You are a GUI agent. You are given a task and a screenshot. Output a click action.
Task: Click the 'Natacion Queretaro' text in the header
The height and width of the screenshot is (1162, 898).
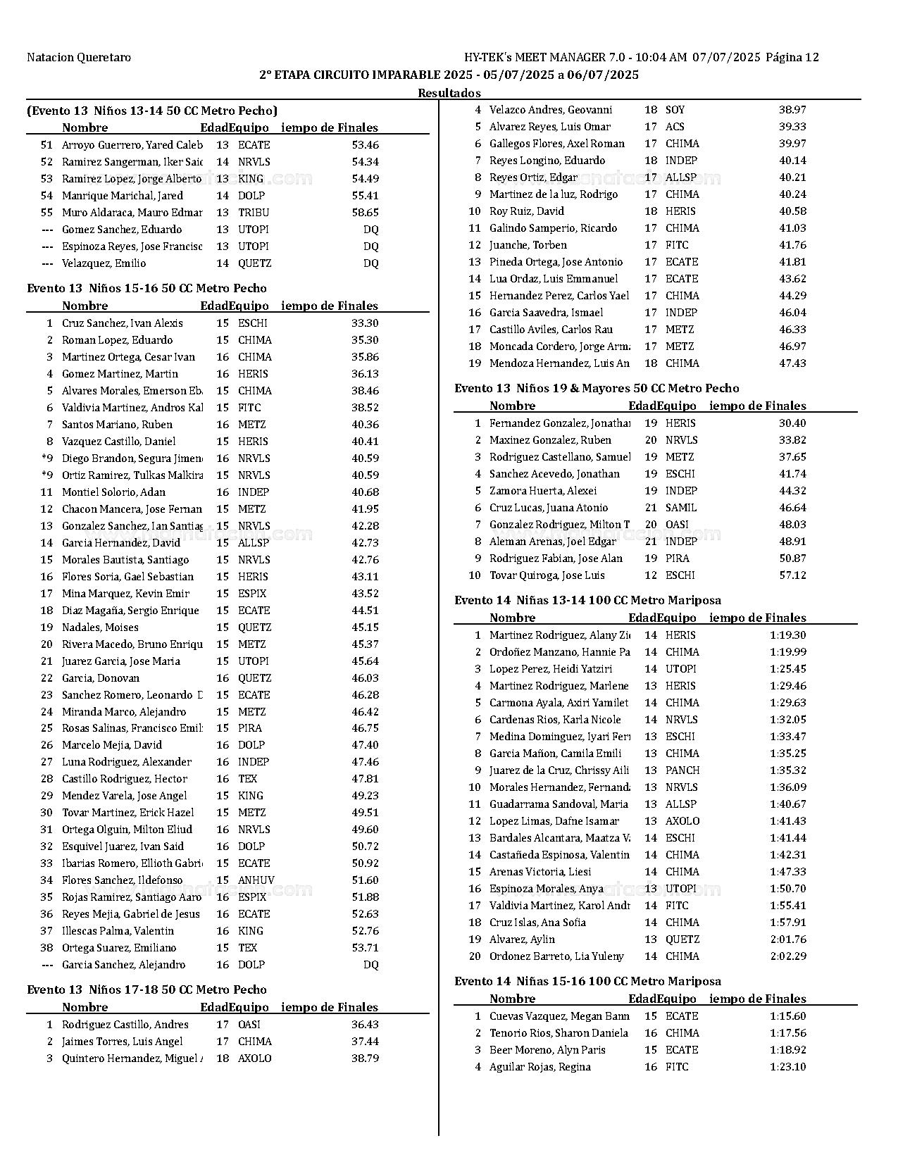point(79,58)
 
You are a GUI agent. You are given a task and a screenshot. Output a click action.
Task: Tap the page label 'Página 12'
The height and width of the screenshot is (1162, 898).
point(792,58)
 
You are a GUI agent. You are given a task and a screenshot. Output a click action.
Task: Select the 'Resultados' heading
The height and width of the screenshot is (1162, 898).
point(449,93)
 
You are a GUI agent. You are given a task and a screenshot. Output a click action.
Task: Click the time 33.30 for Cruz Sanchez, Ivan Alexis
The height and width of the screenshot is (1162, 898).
point(365,323)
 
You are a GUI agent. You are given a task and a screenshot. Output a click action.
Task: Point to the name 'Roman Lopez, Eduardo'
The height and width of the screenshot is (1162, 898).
point(117,340)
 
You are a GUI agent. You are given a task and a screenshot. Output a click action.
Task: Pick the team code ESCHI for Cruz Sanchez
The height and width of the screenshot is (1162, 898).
point(253,323)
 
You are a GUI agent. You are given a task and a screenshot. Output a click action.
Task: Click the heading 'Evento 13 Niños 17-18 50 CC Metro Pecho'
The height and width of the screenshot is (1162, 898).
point(146,989)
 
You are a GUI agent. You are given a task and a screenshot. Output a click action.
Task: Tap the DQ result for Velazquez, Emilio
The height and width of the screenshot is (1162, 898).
point(370,263)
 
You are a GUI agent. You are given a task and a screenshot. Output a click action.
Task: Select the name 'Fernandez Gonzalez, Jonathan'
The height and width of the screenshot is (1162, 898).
point(559,423)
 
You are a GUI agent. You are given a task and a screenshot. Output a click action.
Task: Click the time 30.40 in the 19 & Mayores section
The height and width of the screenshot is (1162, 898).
point(792,423)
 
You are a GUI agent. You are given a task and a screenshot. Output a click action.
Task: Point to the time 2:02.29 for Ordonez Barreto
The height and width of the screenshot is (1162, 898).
point(788,956)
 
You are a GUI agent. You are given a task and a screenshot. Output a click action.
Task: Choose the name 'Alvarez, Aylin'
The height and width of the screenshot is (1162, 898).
point(522,939)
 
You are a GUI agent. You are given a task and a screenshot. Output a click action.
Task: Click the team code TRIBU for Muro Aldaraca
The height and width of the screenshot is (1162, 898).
point(254,213)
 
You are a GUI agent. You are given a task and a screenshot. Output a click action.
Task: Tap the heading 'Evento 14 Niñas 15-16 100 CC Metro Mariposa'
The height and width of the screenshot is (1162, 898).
point(587,981)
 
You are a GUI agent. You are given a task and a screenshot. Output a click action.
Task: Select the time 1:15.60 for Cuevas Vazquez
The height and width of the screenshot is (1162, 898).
point(788,1016)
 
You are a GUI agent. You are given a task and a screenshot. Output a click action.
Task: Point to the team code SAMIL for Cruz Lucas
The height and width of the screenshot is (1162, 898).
point(681,508)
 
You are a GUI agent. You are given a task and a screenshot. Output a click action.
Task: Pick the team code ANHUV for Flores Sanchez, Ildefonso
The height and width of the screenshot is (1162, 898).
point(256,880)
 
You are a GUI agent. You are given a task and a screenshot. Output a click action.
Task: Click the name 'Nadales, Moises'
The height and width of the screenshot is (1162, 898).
point(100,627)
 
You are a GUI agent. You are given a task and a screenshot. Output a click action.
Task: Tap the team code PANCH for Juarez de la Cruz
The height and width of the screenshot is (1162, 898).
point(682,770)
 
